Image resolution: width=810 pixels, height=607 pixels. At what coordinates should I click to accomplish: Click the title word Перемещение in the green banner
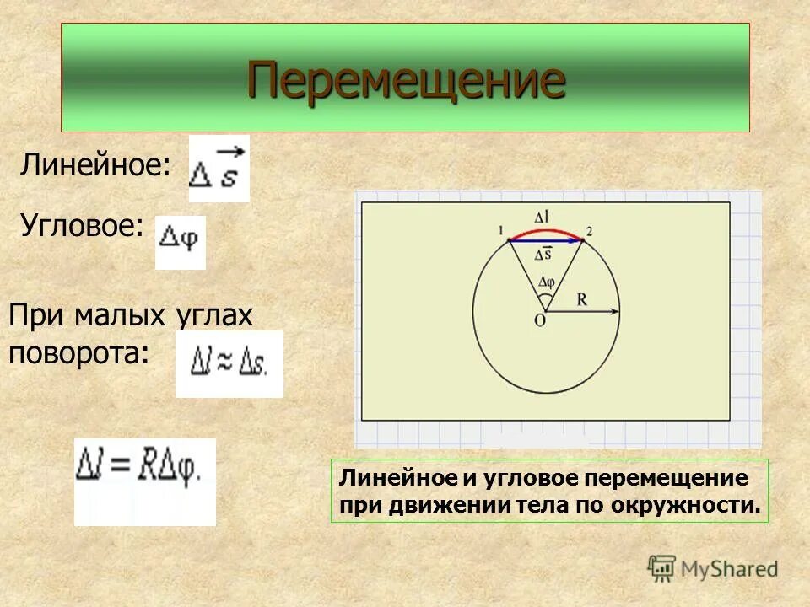[406, 80]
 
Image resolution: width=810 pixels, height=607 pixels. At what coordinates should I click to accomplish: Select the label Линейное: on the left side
[94, 164]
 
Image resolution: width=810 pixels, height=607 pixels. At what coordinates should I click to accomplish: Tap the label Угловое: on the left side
[81, 226]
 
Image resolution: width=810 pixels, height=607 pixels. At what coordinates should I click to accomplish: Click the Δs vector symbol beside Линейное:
[219, 169]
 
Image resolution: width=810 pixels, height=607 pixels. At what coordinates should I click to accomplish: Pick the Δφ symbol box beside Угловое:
[180, 243]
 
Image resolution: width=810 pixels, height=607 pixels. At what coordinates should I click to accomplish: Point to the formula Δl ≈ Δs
[229, 364]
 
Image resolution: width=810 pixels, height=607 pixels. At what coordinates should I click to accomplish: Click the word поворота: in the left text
[78, 352]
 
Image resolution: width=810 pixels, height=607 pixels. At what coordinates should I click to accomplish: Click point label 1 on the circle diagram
[500, 230]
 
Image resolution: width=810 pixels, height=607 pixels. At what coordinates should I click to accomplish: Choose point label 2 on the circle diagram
[589, 230]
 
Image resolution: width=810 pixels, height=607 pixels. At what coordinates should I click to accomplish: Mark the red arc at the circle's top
[546, 230]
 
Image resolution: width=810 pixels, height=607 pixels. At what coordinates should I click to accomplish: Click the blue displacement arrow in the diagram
[546, 241]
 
